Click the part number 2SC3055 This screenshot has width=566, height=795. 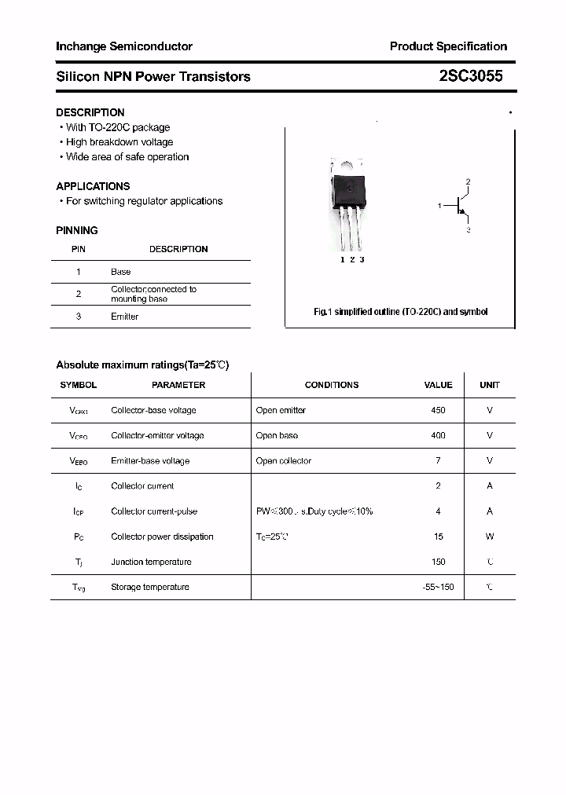(471, 76)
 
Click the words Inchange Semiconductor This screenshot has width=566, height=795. (124, 46)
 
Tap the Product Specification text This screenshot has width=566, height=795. (448, 46)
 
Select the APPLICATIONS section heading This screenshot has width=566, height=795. (93, 186)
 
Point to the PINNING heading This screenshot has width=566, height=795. (77, 230)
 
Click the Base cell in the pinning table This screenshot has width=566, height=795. (121, 272)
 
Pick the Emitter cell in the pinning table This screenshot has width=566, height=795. (124, 317)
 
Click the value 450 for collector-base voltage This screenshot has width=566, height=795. (438, 410)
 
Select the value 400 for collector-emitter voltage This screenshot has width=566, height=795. (438, 435)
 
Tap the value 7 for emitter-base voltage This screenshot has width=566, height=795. (438, 460)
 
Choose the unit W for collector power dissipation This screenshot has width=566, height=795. (490, 537)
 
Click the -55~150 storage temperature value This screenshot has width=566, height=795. (438, 587)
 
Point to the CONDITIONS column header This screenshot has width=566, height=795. (332, 385)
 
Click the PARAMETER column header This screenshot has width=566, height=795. (178, 385)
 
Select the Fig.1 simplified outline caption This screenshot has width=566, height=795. (401, 312)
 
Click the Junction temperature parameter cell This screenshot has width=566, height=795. (152, 562)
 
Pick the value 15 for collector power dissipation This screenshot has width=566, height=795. (438, 537)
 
